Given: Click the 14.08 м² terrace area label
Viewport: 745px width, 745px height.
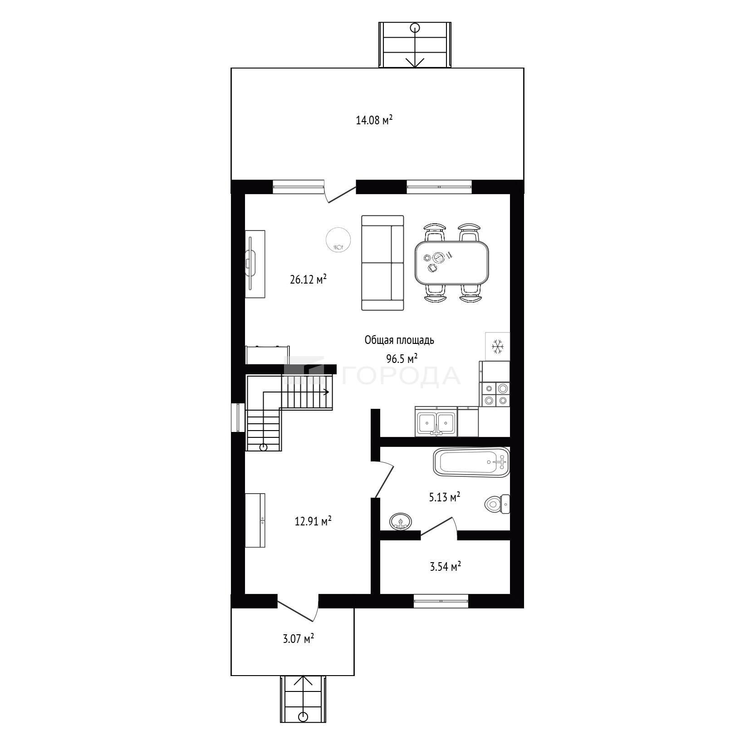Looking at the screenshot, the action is pyautogui.click(x=374, y=120).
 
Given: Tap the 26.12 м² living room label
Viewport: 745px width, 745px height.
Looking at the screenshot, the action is pyautogui.click(x=308, y=279).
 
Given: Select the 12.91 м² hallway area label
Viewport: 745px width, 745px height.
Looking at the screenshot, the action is pyautogui.click(x=313, y=521).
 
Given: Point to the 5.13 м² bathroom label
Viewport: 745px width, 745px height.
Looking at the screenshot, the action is pyautogui.click(x=445, y=497).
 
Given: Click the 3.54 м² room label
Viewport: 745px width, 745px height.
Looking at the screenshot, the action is pyautogui.click(x=446, y=567).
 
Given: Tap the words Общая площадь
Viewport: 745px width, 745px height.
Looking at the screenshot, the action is pyautogui.click(x=399, y=340).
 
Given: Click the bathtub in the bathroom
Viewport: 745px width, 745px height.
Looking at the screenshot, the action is pyautogui.click(x=472, y=462).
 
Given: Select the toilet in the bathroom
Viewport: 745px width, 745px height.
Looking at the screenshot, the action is pyautogui.click(x=497, y=504).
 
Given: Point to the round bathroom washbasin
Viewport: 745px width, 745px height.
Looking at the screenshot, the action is pyautogui.click(x=401, y=521).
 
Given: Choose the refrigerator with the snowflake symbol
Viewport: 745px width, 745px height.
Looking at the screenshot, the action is pyautogui.click(x=498, y=347).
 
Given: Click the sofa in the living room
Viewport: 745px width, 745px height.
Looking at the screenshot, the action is pyautogui.click(x=382, y=263).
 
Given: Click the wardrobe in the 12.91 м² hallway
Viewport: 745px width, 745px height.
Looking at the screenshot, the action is pyautogui.click(x=255, y=520).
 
